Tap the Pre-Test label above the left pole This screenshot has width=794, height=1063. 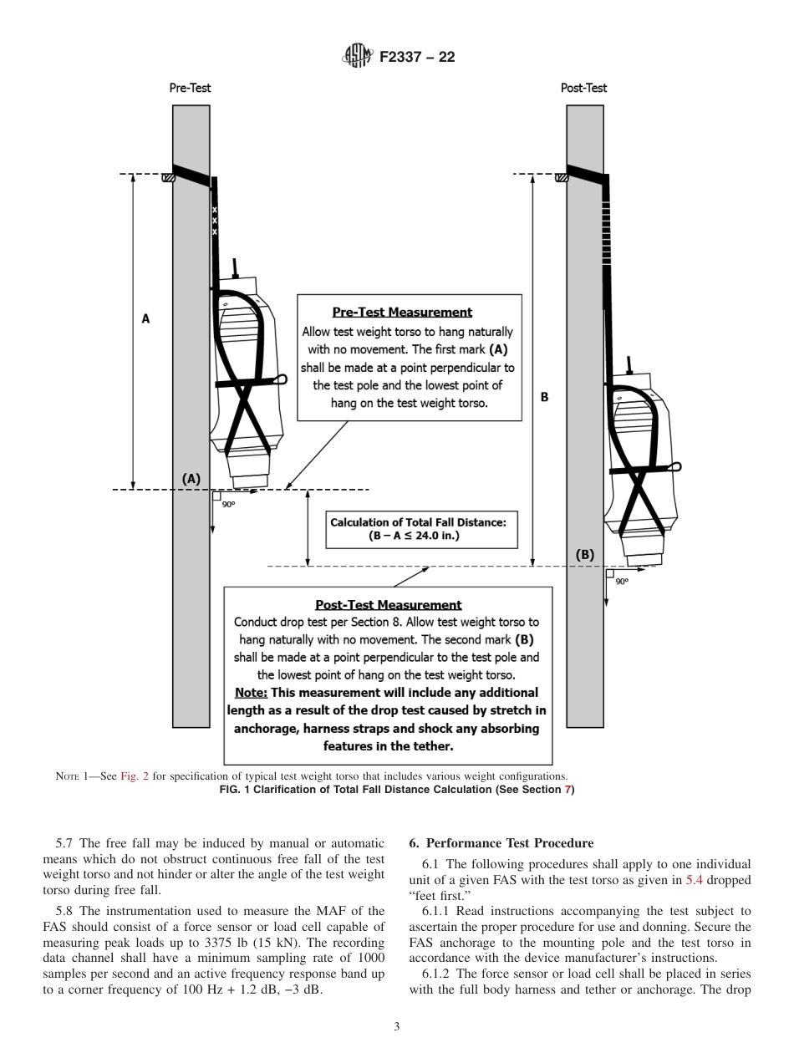(190, 88)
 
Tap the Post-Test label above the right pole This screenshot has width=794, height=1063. (583, 88)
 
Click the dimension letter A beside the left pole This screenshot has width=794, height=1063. (145, 318)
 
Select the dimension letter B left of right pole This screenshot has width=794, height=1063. (544, 397)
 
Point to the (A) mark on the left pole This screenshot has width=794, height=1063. (191, 478)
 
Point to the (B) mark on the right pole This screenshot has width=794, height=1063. (585, 554)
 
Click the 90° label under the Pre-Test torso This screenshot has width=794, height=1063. (228, 504)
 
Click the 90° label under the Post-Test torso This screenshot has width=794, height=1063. (622, 582)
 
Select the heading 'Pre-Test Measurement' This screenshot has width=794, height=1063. (402, 313)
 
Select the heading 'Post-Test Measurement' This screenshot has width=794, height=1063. (388, 604)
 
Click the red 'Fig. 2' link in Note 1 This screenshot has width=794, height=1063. (134, 776)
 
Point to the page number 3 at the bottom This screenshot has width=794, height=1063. (397, 1026)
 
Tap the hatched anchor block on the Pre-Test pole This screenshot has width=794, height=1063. (168, 176)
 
